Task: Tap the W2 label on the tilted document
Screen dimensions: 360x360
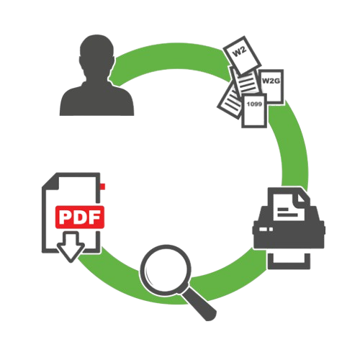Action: coord(240,52)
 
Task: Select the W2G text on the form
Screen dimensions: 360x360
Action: coord(271,81)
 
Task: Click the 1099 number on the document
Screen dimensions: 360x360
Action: coord(254,104)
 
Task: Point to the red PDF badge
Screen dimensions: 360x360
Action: coord(80,217)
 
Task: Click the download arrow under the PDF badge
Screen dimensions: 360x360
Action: coord(71,247)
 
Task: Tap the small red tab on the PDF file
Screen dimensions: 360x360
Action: coord(103,186)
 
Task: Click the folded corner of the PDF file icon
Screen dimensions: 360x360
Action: coord(51,181)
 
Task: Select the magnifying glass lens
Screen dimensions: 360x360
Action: coord(166,269)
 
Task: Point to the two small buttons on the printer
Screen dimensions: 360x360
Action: coord(266,230)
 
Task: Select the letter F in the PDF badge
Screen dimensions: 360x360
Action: coord(95,217)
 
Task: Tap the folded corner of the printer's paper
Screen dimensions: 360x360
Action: coord(301,198)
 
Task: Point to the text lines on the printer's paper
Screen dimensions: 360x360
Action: coord(287,212)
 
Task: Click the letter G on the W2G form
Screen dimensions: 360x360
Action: coord(276,81)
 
